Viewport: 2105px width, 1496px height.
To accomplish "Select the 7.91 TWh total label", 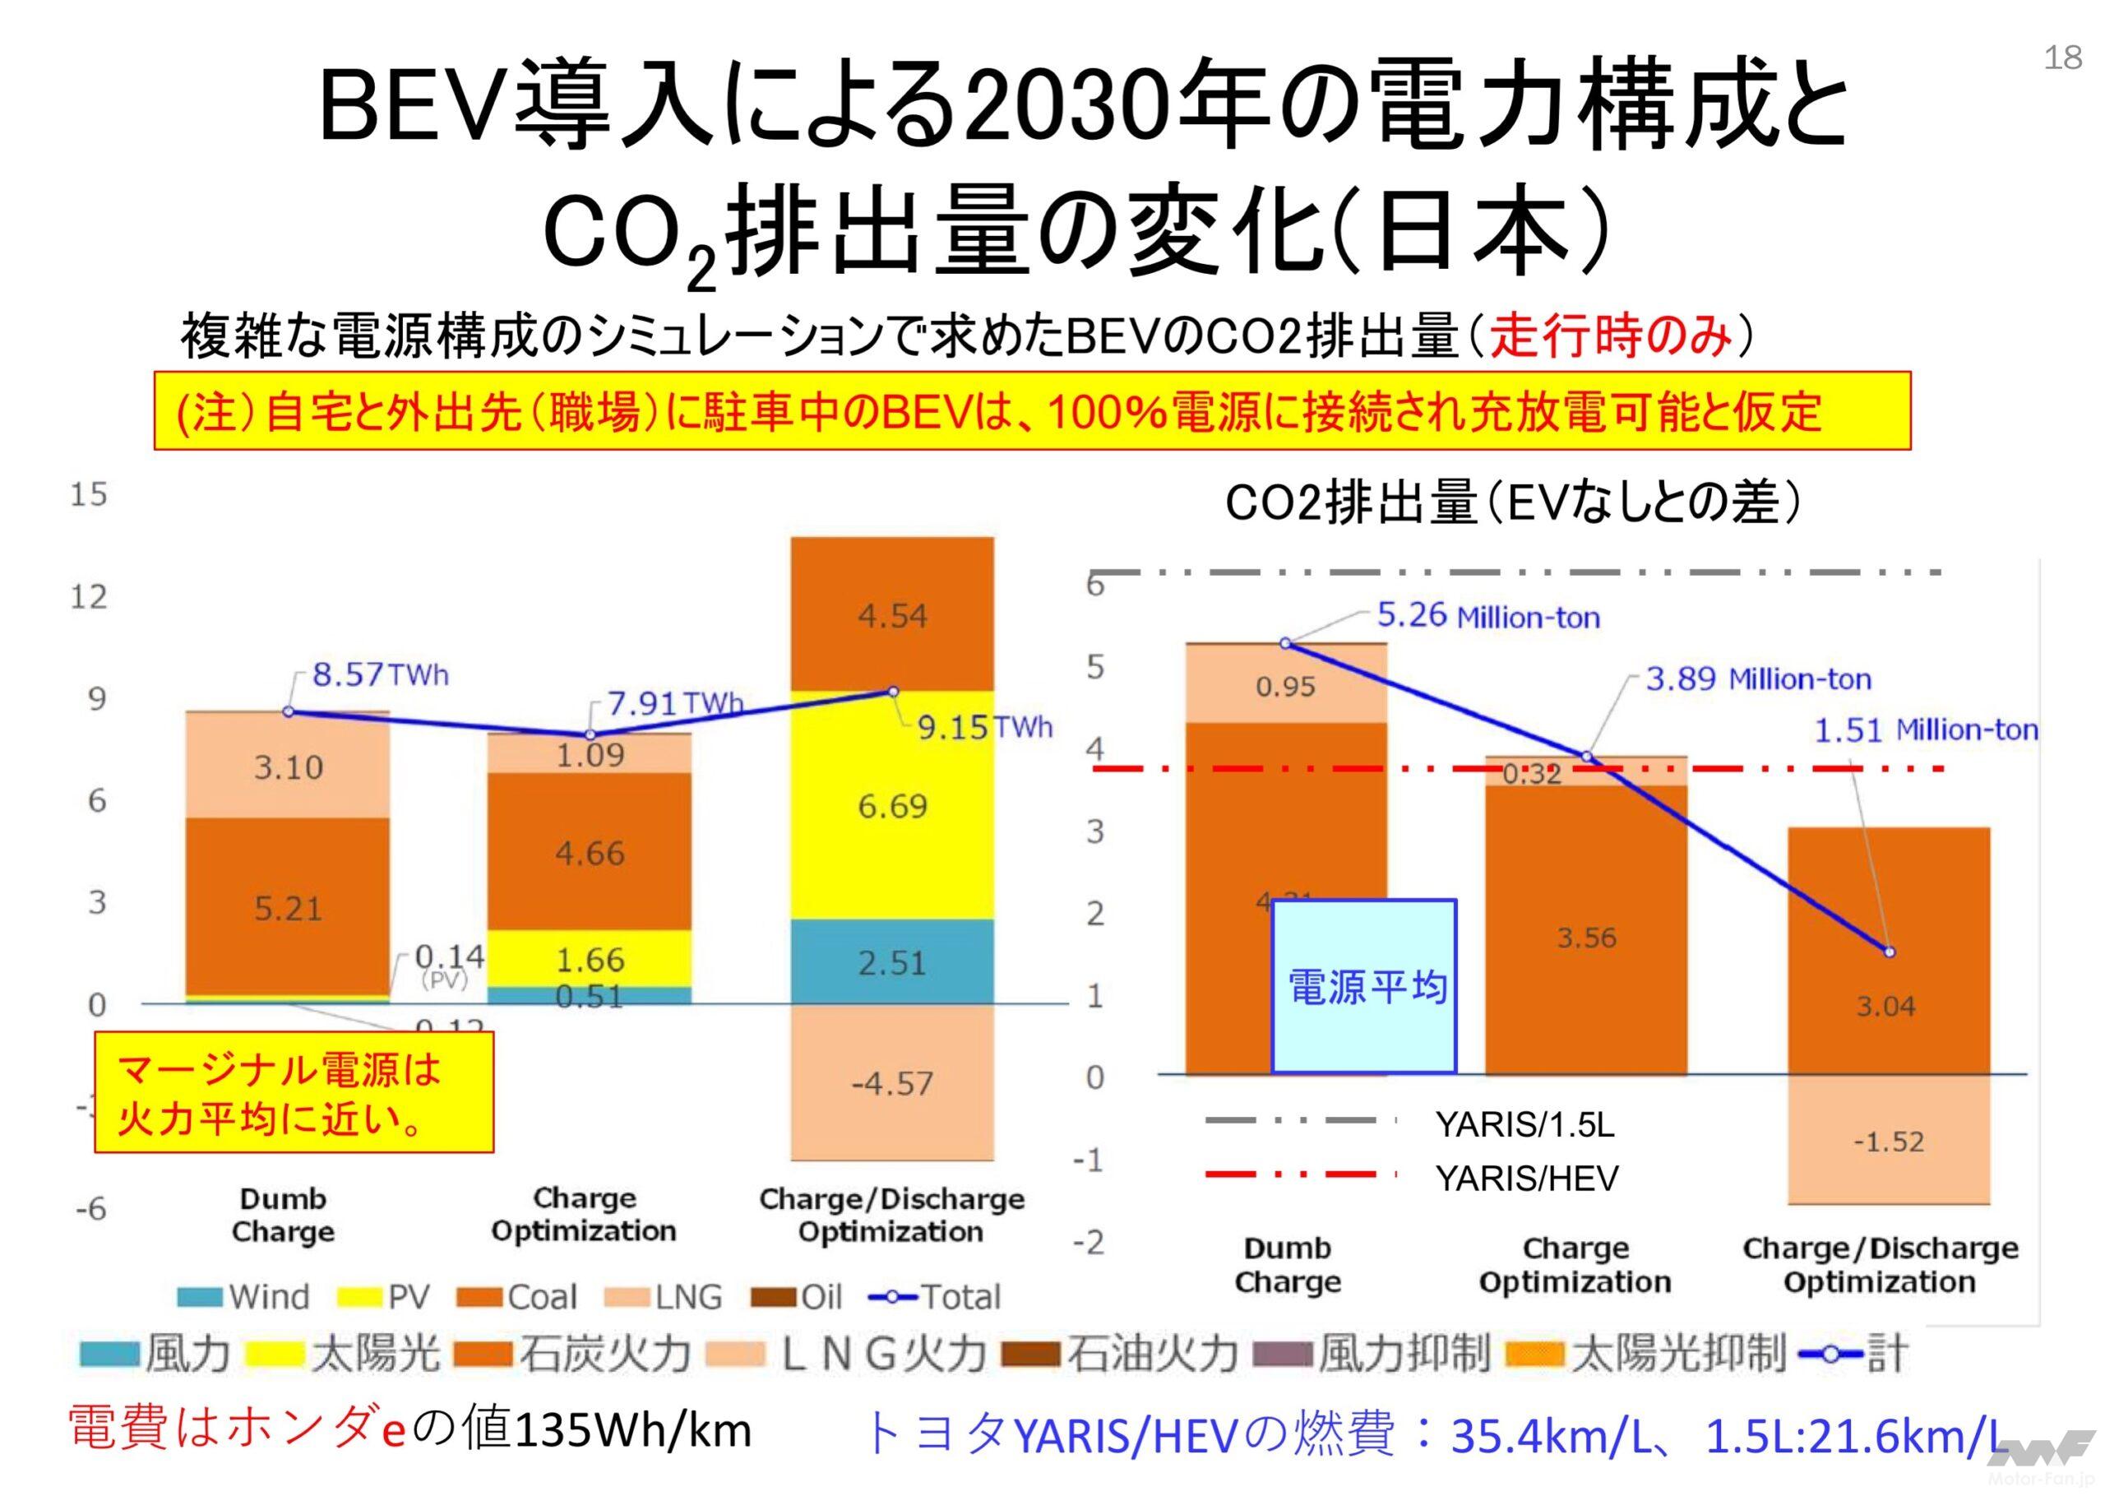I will tap(675, 704).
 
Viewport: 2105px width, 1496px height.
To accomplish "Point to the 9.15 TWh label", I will tap(983, 729).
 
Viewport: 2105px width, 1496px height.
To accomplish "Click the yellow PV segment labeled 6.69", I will tap(891, 806).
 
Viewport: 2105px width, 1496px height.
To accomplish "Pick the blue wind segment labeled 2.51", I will tap(891, 962).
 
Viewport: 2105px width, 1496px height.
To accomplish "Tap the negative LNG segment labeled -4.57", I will tap(891, 1083).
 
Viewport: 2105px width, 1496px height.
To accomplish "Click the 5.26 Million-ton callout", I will tap(1488, 615).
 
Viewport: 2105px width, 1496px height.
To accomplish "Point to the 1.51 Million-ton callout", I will tap(1925, 730).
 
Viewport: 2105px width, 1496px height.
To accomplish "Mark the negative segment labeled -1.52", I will tap(1888, 1142).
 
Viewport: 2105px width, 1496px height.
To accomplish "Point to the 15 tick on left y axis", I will tap(89, 494).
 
